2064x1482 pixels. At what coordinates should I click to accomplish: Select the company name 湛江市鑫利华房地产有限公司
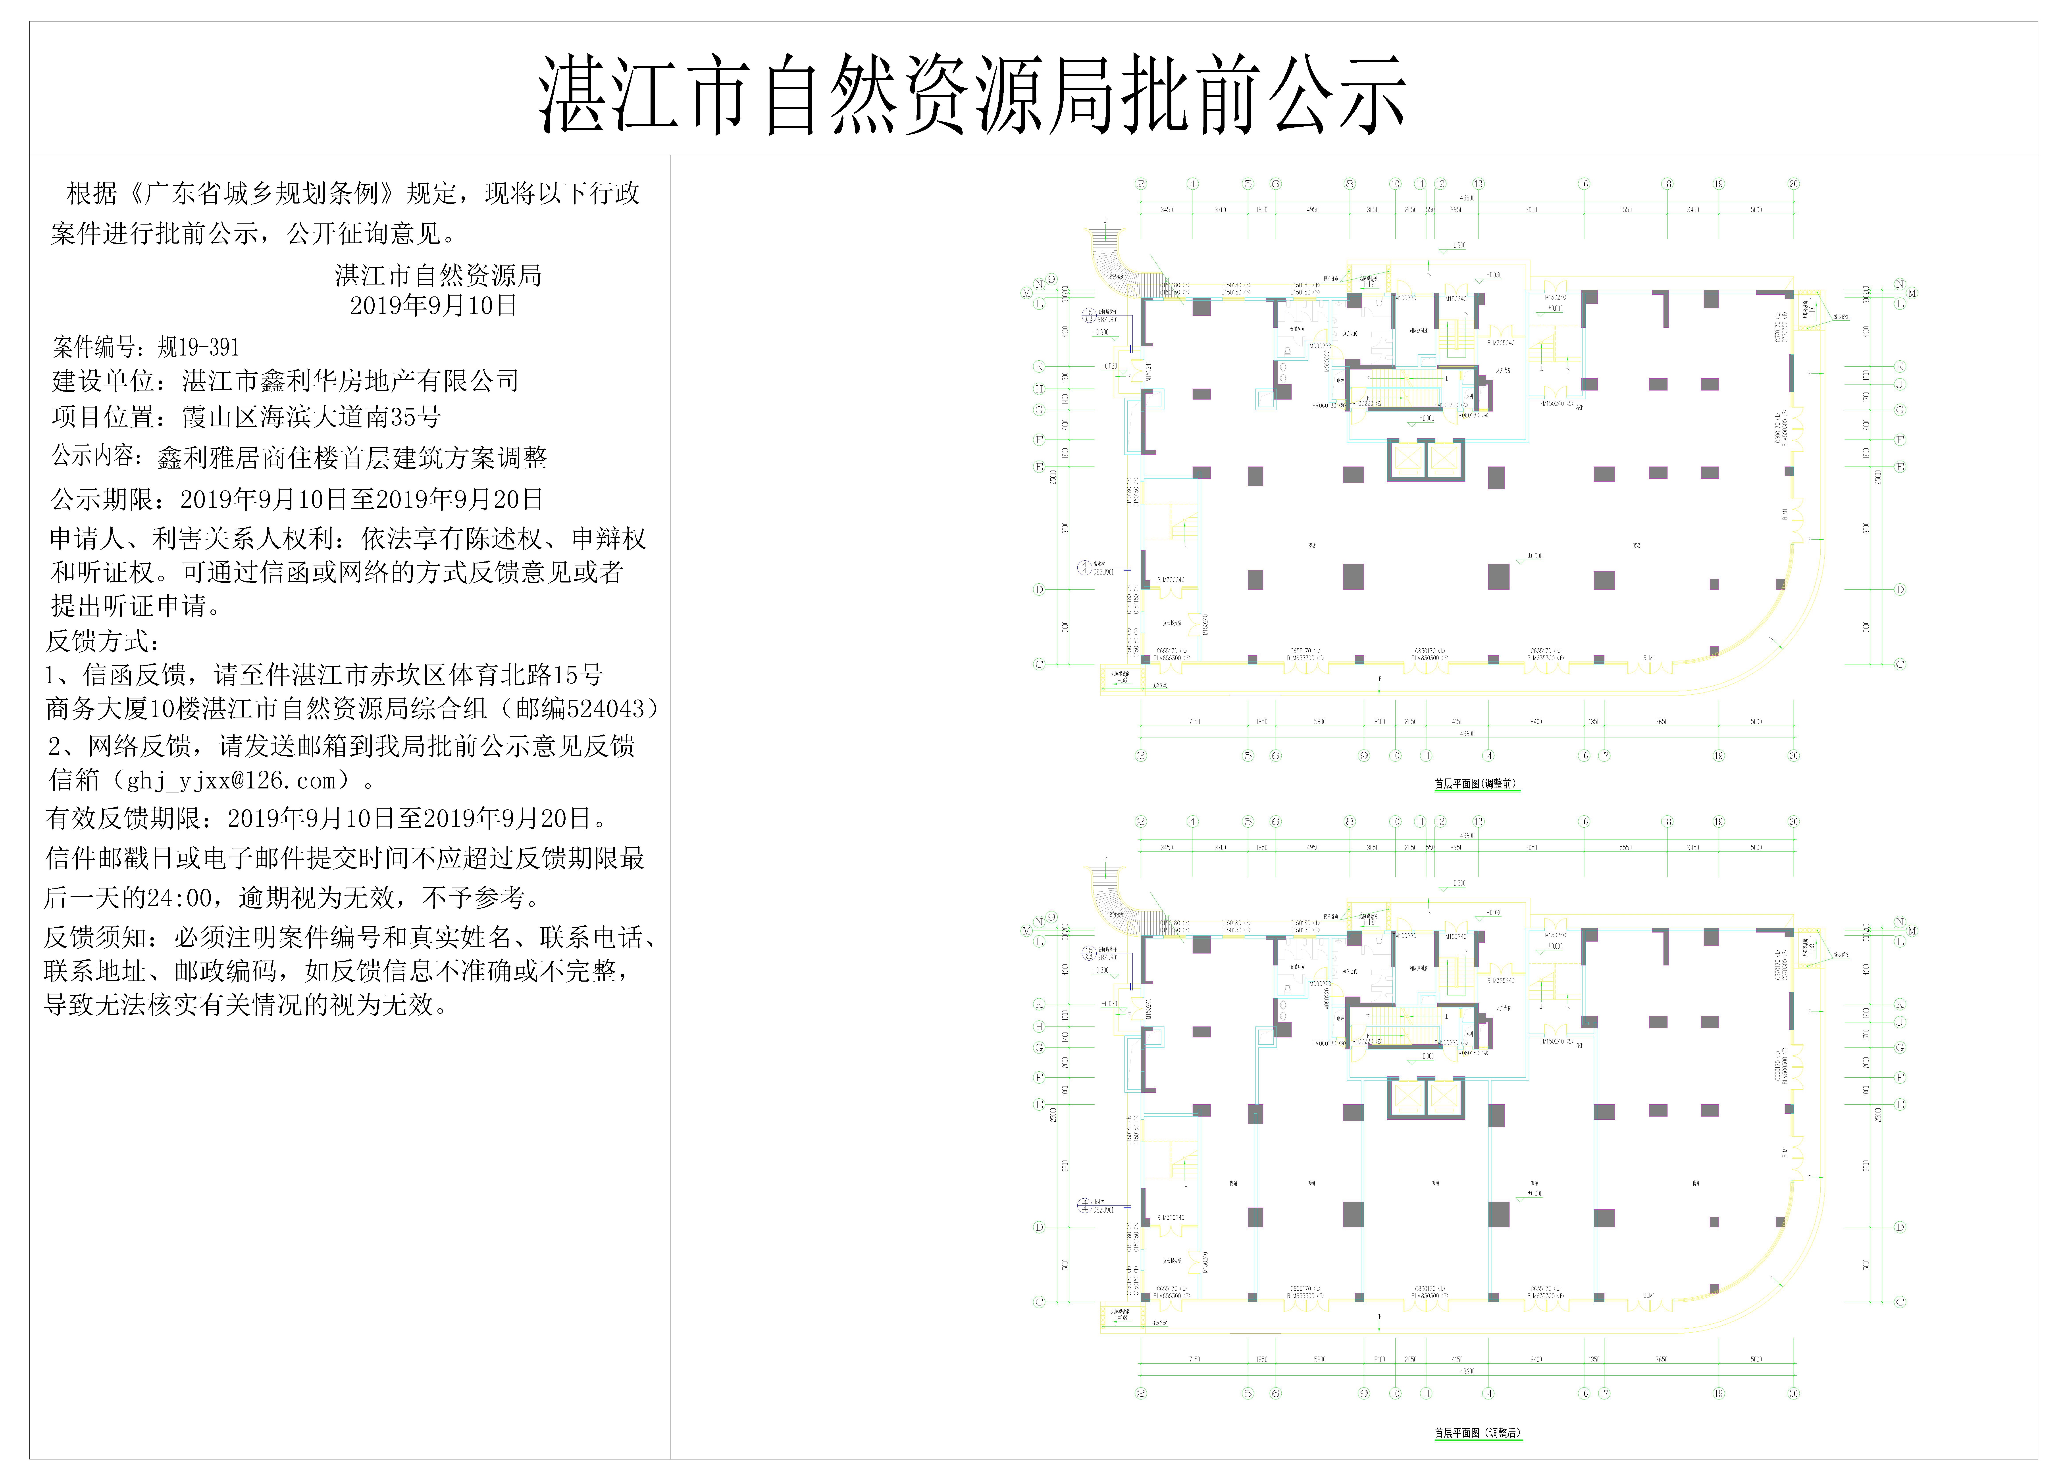(350, 381)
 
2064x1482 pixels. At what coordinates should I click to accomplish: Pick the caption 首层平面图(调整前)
(1475, 783)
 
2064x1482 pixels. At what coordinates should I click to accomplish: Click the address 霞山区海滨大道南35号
(312, 418)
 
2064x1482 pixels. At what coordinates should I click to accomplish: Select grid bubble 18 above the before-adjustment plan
(1667, 184)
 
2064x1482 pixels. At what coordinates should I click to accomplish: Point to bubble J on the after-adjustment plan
(1899, 1023)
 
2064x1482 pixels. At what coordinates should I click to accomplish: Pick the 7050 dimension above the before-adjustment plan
(1532, 210)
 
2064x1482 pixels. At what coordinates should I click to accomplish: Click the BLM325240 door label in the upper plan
(1501, 343)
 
